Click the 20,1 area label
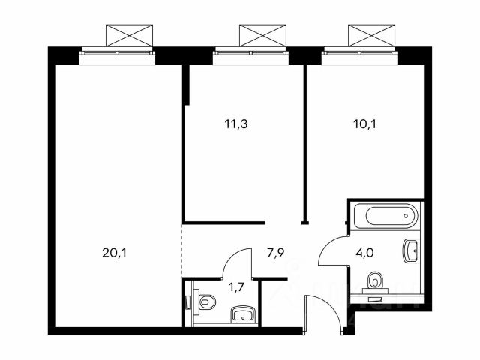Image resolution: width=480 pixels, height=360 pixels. pyautogui.click(x=114, y=253)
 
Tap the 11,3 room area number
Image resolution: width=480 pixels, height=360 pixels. pyautogui.click(x=236, y=124)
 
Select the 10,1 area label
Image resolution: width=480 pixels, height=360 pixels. pyautogui.click(x=364, y=124)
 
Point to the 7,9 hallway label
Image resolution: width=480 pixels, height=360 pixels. pyautogui.click(x=275, y=253)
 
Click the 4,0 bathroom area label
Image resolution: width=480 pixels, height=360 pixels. pyautogui.click(x=365, y=253)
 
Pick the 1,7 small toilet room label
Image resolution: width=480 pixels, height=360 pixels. pyautogui.click(x=237, y=287)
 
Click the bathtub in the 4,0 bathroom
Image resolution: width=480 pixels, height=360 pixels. pyautogui.click(x=385, y=216)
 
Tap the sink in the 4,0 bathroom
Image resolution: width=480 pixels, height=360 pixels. pyautogui.click(x=410, y=250)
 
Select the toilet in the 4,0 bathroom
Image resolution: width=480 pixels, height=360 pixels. pyautogui.click(x=375, y=281)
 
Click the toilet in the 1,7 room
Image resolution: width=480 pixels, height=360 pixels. pyautogui.click(x=205, y=301)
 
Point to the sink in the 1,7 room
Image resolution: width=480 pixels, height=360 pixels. pyautogui.click(x=243, y=313)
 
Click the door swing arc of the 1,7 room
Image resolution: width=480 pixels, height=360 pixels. pyautogui.click(x=232, y=256)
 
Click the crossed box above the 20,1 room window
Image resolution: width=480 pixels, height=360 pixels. pyautogui.click(x=129, y=35)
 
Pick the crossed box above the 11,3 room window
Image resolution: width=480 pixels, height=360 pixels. pyautogui.click(x=262, y=35)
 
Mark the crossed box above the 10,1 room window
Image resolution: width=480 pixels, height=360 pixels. pyautogui.click(x=372, y=35)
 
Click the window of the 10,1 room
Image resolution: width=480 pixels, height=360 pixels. pyautogui.click(x=359, y=55)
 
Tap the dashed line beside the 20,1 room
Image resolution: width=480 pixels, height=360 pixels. pyautogui.click(x=181, y=250)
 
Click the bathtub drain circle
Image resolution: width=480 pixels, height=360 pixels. pyautogui.click(x=406, y=216)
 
